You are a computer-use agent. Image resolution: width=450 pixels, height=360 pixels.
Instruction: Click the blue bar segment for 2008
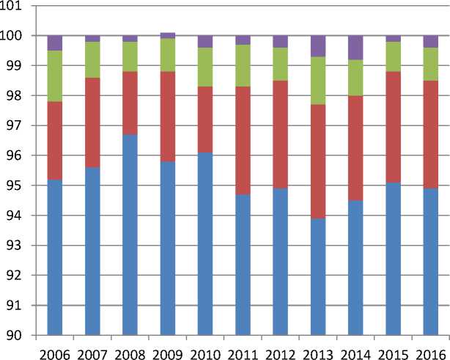point(130,235)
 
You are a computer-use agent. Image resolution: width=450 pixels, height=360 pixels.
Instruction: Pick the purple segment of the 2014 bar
point(355,47)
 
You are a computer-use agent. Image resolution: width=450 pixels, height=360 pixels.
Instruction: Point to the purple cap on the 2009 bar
point(168,35)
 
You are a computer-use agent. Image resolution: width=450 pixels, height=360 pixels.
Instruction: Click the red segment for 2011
point(243,140)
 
